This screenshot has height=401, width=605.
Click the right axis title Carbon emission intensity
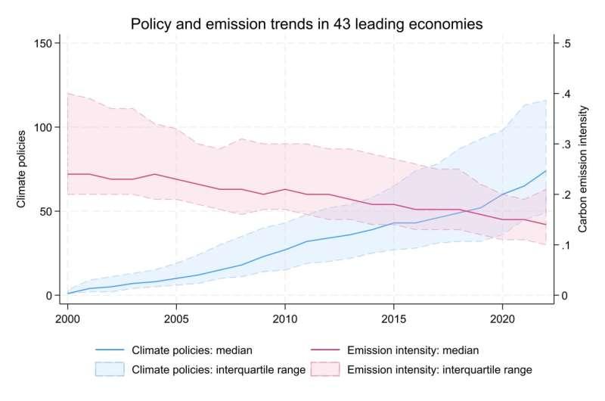click(x=583, y=169)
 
